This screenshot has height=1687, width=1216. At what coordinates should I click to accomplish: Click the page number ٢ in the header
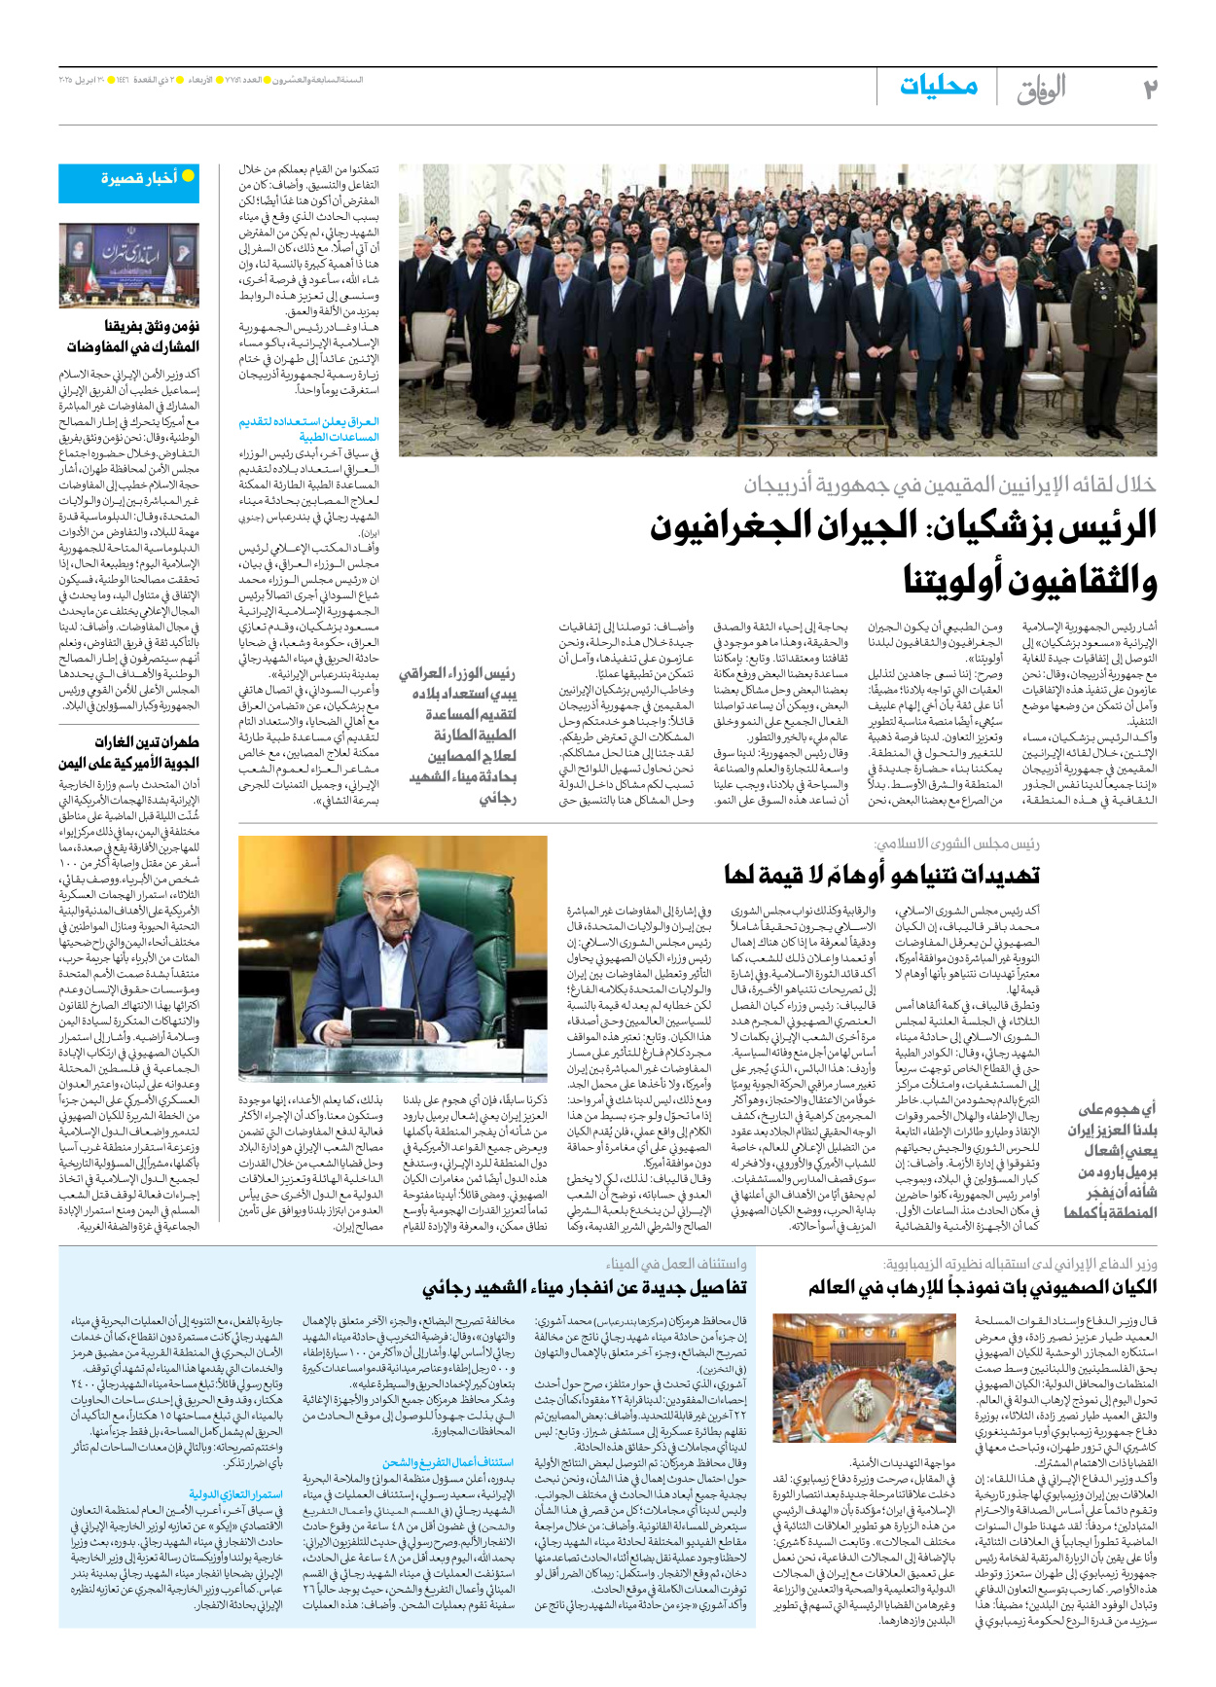(1148, 90)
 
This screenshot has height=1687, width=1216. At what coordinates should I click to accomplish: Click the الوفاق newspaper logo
(1042, 90)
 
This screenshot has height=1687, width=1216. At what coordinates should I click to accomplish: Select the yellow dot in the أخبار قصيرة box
(189, 176)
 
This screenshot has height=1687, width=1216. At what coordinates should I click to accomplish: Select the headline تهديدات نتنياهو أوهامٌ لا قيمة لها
(881, 875)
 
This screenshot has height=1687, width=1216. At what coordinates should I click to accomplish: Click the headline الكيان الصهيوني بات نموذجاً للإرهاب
(983, 1287)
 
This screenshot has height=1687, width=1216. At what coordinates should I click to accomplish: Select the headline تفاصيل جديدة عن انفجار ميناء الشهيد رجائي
(584, 1287)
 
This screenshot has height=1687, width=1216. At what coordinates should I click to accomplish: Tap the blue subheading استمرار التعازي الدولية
(236, 1493)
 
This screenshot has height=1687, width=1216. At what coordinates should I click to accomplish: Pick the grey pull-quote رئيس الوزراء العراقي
(457, 673)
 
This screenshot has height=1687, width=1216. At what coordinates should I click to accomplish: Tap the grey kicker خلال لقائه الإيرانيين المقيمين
(949, 484)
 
